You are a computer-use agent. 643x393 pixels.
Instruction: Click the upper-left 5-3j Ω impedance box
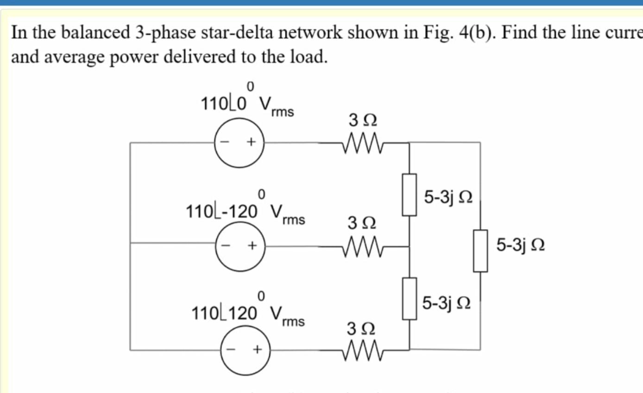pos(409,194)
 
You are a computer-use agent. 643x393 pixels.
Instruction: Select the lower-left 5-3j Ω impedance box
pos(409,299)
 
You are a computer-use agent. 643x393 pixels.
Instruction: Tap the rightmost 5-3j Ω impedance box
pos(480,250)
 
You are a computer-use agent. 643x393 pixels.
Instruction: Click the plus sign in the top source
pos(252,143)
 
